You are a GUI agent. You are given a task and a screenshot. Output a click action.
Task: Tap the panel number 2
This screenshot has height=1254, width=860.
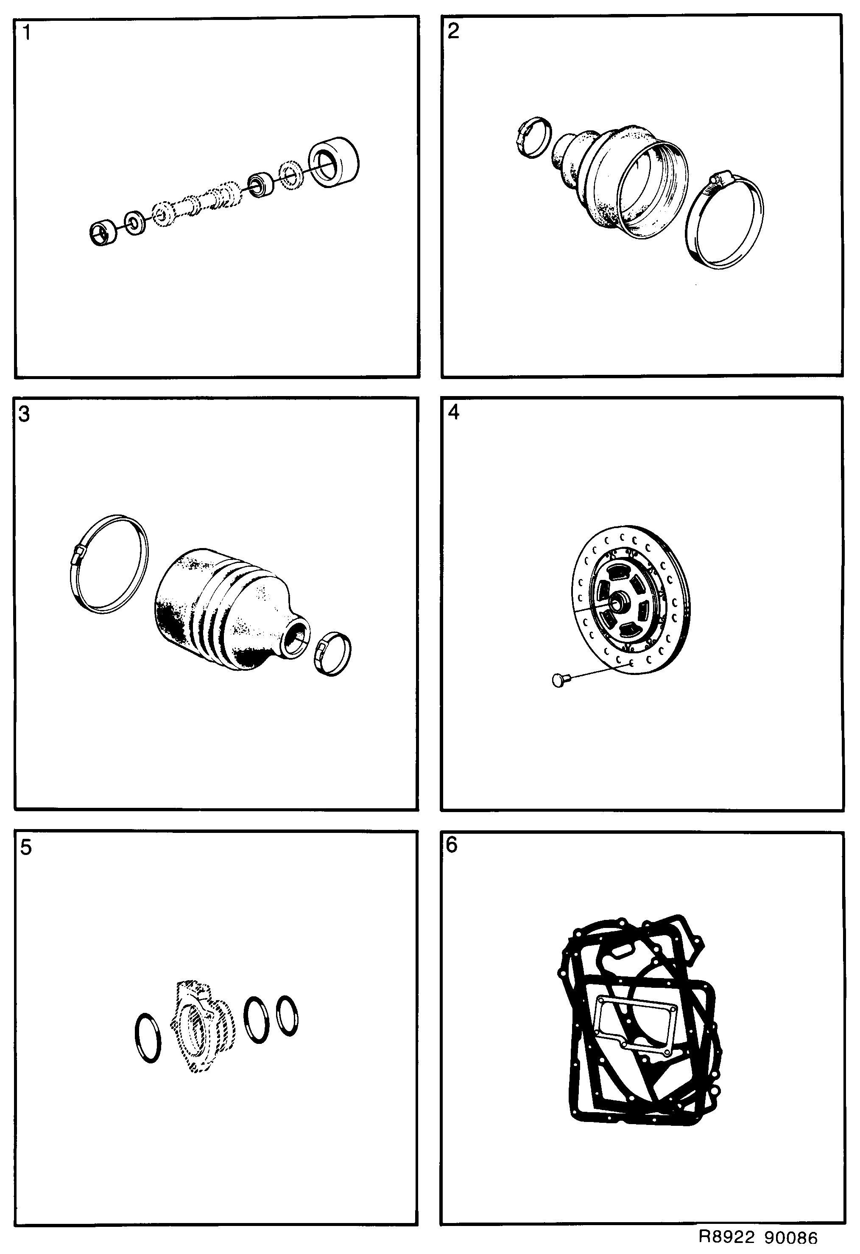tap(453, 31)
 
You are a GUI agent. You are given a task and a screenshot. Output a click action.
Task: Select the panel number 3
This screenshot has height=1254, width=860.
tap(24, 414)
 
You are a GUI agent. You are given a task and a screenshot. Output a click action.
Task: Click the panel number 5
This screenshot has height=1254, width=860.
tap(26, 848)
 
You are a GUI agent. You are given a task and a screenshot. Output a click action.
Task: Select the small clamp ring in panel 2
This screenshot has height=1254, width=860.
tap(533, 137)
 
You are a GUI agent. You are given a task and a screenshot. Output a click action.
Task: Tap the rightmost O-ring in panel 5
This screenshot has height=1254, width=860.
tap(287, 1015)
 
